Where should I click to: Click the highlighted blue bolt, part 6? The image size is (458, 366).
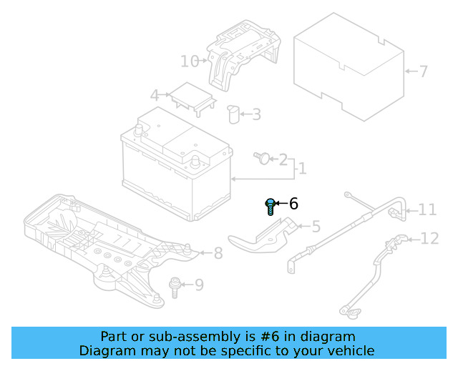271,207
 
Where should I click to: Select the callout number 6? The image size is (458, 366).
293,204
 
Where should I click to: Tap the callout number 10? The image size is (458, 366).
189,61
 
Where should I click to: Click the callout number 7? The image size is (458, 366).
423,71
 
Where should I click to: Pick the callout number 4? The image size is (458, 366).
154,95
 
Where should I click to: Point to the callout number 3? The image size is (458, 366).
256,114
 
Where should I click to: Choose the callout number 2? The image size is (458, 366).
283,159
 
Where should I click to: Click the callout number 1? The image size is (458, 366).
302,169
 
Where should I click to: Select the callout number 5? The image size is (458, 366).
316,227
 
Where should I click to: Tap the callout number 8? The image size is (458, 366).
218,252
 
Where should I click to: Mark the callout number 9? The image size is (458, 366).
199,285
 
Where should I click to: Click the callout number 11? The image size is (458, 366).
427,209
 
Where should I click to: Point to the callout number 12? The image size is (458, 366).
429,238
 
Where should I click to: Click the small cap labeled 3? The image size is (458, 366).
232,114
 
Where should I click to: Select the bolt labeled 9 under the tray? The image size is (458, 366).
174,285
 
